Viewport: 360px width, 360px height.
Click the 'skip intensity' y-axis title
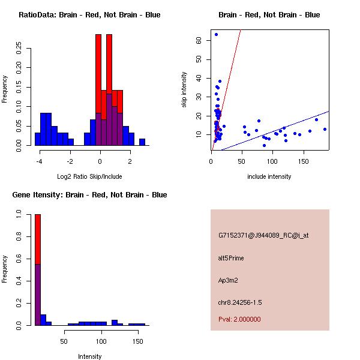click(x=184, y=90)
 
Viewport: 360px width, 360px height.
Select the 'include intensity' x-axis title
click(x=270, y=176)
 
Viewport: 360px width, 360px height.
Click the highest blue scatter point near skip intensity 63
click(x=216, y=34)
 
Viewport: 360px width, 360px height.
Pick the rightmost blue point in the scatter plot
click(x=325, y=129)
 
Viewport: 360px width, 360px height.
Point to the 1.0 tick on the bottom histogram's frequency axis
click(x=19, y=214)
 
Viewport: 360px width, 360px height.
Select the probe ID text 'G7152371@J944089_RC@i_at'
click(x=263, y=236)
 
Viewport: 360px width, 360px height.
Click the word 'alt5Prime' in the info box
click(x=231, y=258)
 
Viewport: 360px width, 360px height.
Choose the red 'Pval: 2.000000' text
click(x=239, y=319)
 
